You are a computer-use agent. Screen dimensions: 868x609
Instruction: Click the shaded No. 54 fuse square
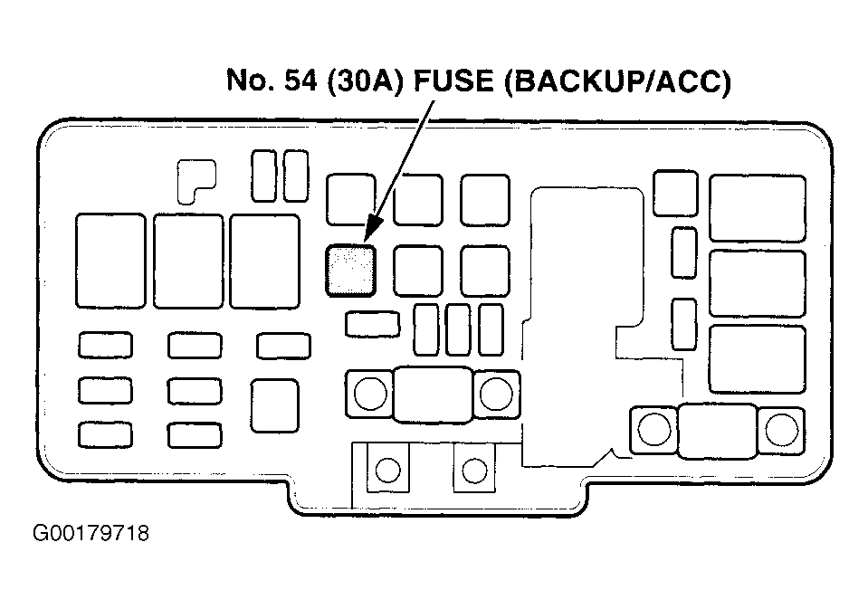point(350,271)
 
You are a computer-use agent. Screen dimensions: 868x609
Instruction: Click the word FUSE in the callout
point(454,81)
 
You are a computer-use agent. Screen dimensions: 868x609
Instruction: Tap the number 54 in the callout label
point(300,81)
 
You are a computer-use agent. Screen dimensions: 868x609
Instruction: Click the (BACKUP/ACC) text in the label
point(617,81)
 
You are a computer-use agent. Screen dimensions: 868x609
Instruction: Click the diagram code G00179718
point(91,533)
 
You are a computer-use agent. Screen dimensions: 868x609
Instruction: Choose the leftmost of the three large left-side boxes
point(110,261)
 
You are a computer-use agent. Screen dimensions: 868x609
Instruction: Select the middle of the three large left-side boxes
point(189,261)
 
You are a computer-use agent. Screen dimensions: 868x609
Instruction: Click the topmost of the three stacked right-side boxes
point(758,208)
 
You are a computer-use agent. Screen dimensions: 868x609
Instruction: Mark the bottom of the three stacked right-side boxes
point(758,359)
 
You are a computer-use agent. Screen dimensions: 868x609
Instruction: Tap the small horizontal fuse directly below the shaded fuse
point(373,325)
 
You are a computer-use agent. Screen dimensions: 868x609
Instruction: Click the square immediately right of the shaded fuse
point(418,271)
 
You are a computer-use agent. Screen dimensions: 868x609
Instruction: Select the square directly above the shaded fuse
point(351,200)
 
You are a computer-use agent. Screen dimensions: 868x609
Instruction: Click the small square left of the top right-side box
point(675,194)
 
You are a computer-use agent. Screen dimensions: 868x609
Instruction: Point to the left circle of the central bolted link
point(370,393)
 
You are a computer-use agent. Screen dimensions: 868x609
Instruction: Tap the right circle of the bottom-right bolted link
point(782,430)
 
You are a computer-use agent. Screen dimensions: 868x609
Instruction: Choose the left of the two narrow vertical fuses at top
point(263,176)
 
